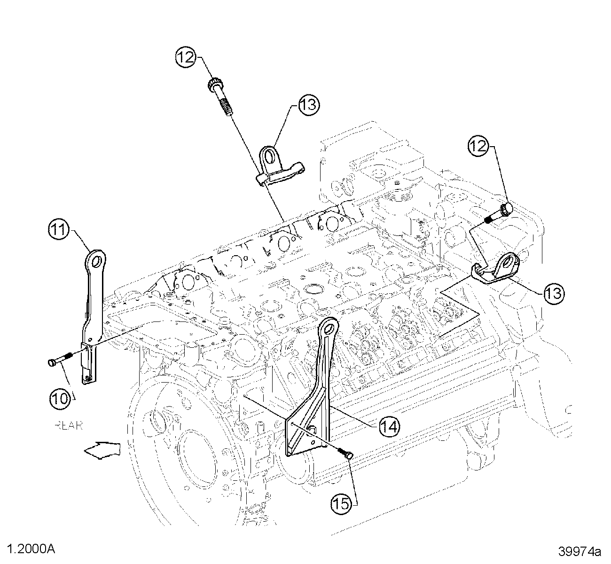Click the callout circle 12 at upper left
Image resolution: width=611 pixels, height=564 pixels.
[x=186, y=58]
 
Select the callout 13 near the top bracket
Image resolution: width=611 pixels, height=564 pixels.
[x=308, y=105]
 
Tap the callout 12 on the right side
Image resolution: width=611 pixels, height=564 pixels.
[x=478, y=146]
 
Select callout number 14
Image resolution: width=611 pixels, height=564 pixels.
[x=390, y=426]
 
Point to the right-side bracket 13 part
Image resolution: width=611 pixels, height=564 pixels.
[x=498, y=268]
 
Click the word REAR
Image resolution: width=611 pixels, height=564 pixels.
[x=69, y=426]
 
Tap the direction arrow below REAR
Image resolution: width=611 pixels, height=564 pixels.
[x=102, y=450]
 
